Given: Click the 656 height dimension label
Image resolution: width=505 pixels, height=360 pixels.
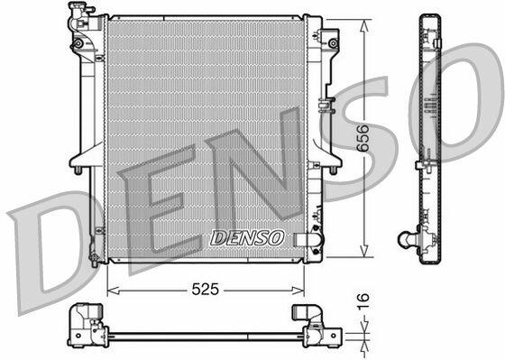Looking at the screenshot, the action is [363, 138].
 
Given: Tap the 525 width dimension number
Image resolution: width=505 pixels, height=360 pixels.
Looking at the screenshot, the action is [206, 289].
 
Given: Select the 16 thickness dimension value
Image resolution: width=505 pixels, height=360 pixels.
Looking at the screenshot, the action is [363, 301].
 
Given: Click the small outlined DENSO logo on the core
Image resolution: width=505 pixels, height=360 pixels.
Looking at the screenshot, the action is [247, 238].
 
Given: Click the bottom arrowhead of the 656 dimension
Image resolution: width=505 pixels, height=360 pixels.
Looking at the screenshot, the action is [364, 251].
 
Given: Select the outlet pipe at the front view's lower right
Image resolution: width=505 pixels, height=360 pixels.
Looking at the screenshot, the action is [308, 239].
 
